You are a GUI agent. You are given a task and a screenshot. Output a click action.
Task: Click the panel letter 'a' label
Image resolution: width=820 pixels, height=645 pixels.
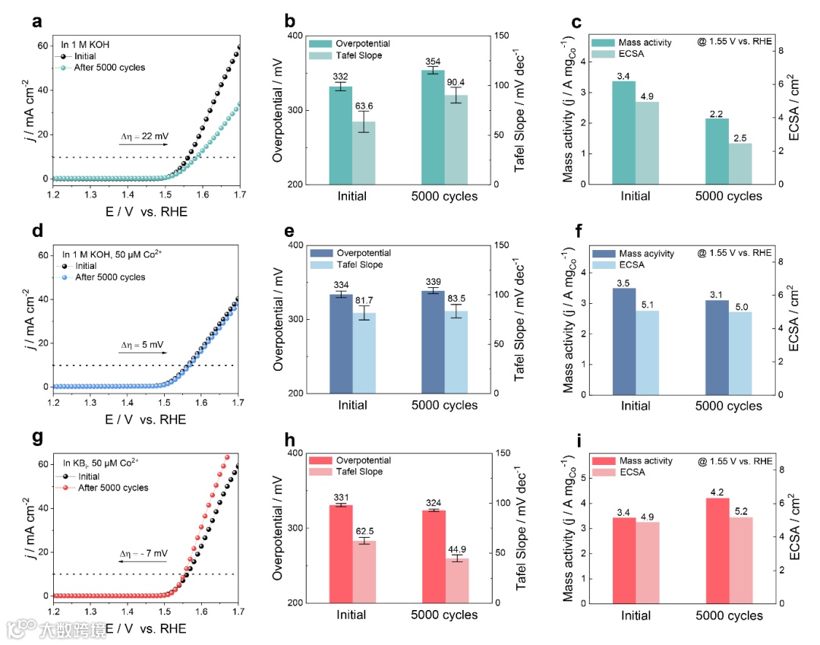click(36, 22)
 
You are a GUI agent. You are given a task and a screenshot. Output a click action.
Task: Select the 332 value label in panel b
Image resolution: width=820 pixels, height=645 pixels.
click(339, 77)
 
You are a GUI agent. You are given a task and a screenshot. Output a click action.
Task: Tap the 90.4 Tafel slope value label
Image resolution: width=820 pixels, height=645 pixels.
click(456, 82)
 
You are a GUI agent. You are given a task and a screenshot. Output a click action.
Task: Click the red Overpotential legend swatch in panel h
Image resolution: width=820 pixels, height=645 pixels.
click(319, 460)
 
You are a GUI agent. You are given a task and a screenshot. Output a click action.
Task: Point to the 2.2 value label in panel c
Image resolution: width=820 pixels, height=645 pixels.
click(717, 113)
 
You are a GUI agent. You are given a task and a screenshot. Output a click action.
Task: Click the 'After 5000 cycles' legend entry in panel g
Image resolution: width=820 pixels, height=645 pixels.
click(113, 488)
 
